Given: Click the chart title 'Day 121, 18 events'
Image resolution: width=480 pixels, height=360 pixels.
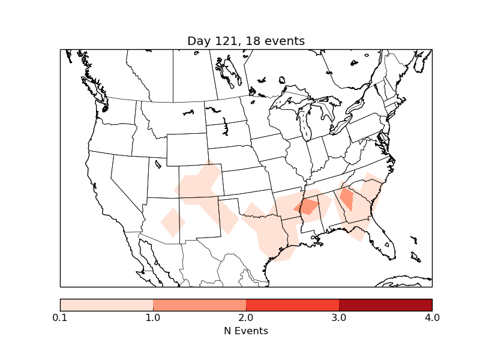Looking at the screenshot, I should pos(246,41).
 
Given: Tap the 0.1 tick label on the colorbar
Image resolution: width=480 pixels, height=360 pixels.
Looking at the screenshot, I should pos(60,317).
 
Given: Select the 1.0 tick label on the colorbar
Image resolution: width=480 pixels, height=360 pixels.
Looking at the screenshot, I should pos(153,317).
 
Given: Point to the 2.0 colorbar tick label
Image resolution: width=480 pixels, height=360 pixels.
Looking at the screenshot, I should pos(246,317).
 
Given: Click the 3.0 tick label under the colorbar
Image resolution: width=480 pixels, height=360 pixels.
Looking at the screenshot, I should pos(339,317).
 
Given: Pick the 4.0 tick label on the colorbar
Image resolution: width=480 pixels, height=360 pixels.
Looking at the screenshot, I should pos(431,317).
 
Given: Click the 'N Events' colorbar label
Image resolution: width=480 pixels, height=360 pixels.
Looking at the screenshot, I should pos(246,331).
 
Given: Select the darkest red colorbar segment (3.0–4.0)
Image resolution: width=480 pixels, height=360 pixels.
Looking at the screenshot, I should pos(385,304).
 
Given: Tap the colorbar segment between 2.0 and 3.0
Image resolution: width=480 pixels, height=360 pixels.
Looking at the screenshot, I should pos(292,304).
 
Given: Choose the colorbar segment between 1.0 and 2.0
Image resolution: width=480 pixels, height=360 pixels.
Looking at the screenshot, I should pos(199,304).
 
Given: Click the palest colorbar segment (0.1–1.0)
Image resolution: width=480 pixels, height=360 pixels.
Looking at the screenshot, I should pos(106,304).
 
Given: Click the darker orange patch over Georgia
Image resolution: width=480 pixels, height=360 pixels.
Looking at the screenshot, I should pos(346,197).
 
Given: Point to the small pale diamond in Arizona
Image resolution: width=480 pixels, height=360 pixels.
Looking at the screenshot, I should pos(172,222).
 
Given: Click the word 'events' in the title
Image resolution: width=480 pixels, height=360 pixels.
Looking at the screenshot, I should pos(285,41).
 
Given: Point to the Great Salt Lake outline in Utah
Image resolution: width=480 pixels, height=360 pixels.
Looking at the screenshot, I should pos(158,163).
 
